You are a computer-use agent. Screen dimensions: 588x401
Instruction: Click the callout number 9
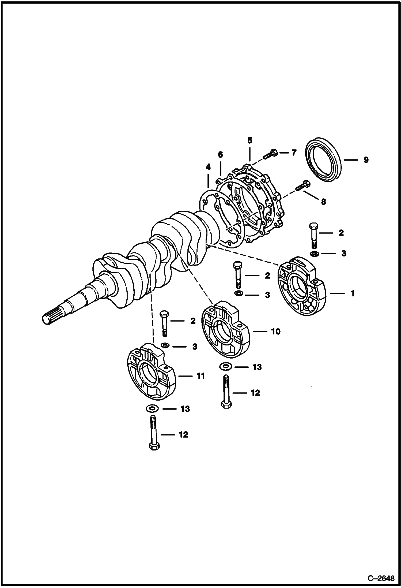[366, 160]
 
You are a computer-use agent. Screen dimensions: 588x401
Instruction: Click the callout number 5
[249, 140]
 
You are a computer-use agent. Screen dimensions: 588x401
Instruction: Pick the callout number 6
[220, 155]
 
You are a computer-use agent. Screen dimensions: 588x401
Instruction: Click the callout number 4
[208, 167]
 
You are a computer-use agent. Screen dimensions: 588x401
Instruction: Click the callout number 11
[200, 376]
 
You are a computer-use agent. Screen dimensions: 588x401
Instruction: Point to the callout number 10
[276, 332]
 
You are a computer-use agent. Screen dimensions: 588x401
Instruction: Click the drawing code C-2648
[381, 579]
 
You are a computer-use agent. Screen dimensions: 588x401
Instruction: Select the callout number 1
[353, 293]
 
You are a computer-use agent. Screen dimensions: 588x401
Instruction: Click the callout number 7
[294, 153]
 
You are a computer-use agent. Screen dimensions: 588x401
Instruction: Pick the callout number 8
[323, 202]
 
